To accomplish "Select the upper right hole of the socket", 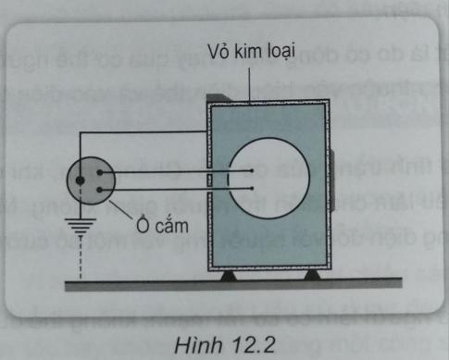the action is (96, 170).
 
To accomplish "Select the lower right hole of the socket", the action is (96, 189).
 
